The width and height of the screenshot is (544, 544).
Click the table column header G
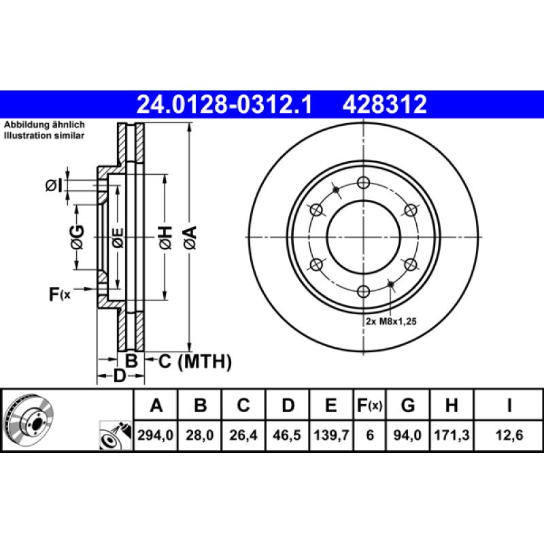pyautogui.click(x=408, y=406)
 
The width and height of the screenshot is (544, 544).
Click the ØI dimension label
pyautogui.click(x=54, y=184)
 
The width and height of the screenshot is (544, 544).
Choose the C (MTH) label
pyautogui.click(x=194, y=361)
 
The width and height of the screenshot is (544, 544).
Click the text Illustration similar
pyautogui.click(x=44, y=136)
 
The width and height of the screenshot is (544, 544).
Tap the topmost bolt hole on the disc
pyautogui.click(x=363, y=182)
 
